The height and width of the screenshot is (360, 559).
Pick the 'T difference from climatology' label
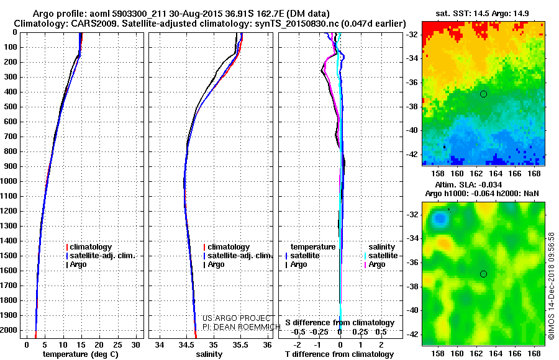(x=340, y=354)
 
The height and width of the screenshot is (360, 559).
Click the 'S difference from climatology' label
(x=340, y=323)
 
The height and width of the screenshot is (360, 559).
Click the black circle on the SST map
(x=483, y=94)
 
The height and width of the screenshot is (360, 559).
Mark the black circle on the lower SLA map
(x=483, y=274)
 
